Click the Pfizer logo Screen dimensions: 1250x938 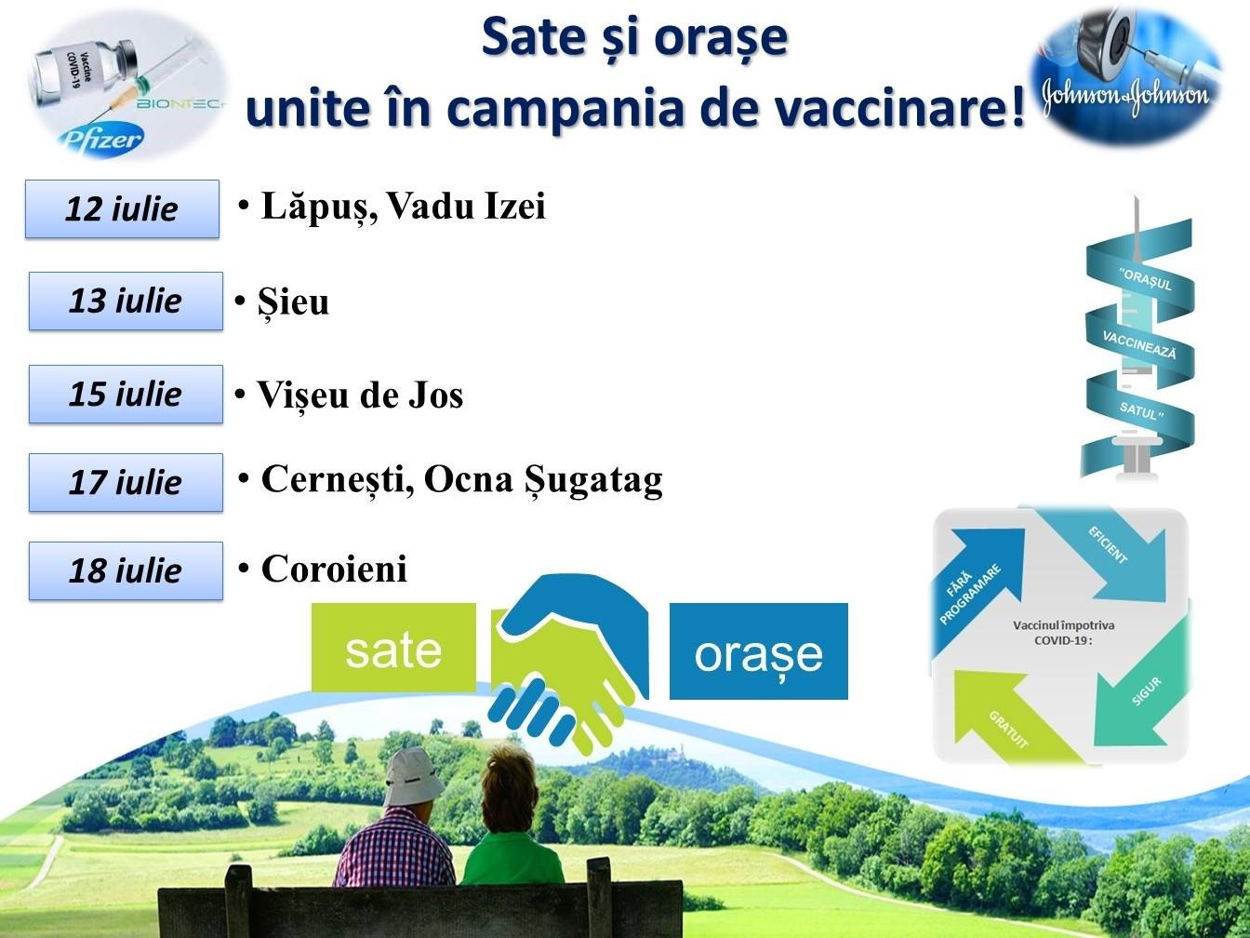(x=102, y=140)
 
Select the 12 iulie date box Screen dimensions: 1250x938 (x=122, y=209)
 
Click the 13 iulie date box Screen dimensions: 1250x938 (x=126, y=301)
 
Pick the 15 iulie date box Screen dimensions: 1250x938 (x=126, y=395)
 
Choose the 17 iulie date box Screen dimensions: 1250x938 (x=126, y=482)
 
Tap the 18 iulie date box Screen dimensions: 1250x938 (x=126, y=570)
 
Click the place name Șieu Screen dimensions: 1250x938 (x=293, y=302)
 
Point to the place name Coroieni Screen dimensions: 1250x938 (x=334, y=569)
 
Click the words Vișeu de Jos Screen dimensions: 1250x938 (x=360, y=395)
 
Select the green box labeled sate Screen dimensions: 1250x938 (x=393, y=648)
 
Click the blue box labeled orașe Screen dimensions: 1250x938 (x=759, y=651)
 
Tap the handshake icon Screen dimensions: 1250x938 (x=569, y=661)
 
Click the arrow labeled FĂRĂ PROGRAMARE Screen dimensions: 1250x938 (x=975, y=589)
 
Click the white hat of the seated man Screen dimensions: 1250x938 (x=414, y=777)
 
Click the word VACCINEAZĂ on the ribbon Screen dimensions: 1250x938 (x=1139, y=345)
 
